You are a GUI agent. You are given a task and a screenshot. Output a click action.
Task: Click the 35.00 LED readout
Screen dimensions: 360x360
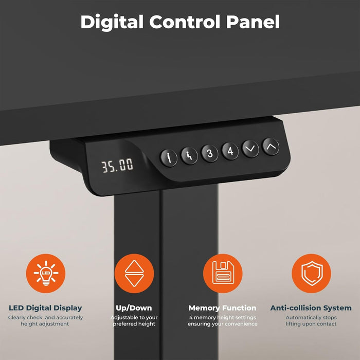click(117, 166)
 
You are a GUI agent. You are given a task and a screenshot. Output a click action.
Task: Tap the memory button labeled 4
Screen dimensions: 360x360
click(230, 151)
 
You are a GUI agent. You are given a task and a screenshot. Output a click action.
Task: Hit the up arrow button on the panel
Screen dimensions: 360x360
click(271, 146)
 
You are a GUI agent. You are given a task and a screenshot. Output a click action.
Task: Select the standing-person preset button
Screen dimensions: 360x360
click(169, 157)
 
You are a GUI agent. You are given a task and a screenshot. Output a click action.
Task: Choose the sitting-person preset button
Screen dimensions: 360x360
click(189, 155)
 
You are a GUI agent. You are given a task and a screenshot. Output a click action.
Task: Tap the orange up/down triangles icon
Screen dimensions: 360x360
click(134, 274)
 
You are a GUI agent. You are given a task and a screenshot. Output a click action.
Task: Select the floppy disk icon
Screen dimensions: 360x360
click(222, 274)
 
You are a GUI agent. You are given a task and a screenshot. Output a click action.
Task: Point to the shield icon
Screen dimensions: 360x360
click(311, 274)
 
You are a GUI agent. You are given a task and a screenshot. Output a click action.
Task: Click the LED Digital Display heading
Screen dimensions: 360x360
click(45, 308)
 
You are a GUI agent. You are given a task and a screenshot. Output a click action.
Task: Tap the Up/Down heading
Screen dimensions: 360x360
click(134, 308)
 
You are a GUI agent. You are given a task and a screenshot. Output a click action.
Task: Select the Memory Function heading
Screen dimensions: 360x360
click(222, 308)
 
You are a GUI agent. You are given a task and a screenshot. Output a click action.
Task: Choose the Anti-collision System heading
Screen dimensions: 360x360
click(311, 308)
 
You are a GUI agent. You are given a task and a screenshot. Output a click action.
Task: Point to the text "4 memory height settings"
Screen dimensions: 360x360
click(222, 317)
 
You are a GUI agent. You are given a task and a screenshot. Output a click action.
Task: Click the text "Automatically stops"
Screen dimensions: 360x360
click(311, 317)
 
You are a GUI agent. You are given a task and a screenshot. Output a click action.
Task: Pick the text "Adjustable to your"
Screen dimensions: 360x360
click(134, 317)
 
